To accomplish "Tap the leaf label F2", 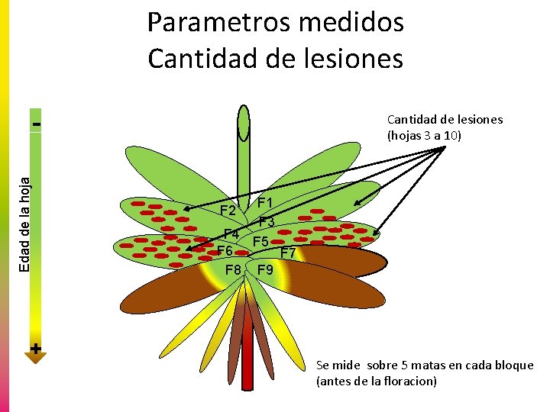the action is pos(228,211).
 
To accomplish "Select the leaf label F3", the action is pos(267,222).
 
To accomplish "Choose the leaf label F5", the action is pos(261,242).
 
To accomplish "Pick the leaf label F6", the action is pos(225,251).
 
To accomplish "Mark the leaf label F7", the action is pos(289,253).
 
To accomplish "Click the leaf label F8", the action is pos(233,270).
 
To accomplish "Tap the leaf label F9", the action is pos(266,270).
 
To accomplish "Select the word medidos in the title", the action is pos(354,23).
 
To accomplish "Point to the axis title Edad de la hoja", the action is pos(25,222).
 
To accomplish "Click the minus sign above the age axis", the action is pos(36,121).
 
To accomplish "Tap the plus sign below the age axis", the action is pos(36,348).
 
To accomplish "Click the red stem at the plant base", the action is pos(247,351).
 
